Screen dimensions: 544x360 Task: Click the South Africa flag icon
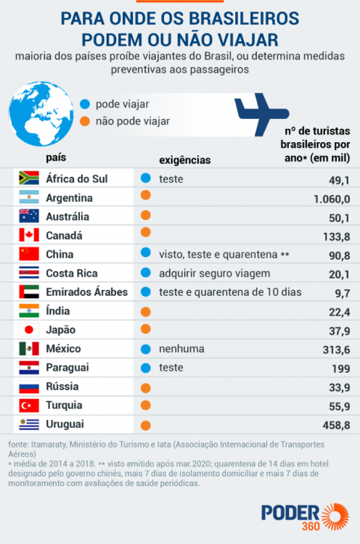tap(29, 178)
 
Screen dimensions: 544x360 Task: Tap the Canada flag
tap(29, 235)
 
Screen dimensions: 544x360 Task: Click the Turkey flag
tap(29, 405)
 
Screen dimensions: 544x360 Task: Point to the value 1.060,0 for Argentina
tap(331, 198)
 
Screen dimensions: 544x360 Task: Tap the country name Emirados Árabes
tap(86, 292)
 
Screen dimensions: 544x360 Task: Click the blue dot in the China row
tap(145, 254)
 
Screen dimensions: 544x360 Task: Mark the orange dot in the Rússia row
tap(145, 387)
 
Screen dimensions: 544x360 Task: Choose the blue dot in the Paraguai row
tap(145, 368)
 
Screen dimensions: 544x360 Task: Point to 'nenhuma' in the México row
tap(181, 349)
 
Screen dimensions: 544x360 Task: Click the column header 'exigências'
tap(184, 160)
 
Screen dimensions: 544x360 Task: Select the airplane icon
tap(261, 110)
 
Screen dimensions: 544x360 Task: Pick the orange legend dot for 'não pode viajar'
tap(86, 121)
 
